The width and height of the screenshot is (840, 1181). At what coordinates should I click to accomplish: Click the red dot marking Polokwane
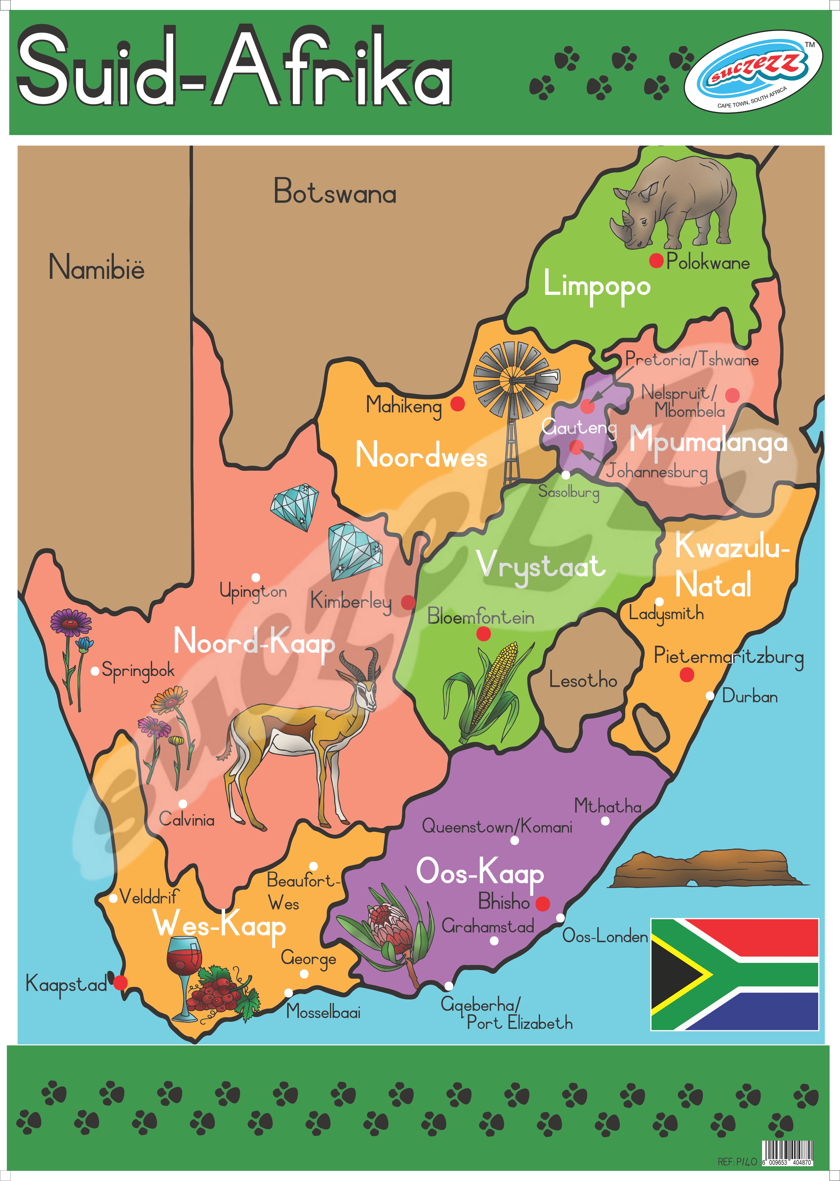(656, 261)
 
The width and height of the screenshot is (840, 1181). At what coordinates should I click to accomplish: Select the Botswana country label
(335, 192)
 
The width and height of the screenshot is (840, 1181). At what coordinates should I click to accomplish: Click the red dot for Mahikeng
(457, 403)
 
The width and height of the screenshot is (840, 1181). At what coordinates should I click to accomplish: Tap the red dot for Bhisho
(542, 903)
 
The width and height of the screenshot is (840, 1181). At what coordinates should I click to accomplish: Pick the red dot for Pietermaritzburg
(686, 674)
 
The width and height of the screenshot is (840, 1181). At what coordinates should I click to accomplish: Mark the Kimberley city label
(351, 601)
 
